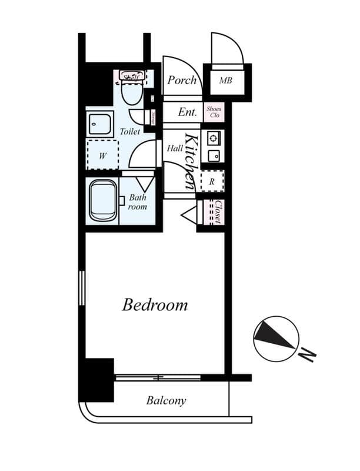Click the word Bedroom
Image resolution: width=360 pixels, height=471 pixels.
point(155,305)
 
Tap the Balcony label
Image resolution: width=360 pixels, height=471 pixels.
point(166,401)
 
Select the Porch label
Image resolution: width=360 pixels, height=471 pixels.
point(181,80)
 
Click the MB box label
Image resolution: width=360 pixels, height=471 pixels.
point(225,80)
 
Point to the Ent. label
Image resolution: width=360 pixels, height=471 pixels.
point(187,111)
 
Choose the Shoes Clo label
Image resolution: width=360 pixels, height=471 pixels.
point(212,111)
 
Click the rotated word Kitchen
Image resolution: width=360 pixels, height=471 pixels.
point(191,161)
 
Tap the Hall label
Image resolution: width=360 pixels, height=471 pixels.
point(174,148)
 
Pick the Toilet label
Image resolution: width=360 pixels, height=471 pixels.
point(130,132)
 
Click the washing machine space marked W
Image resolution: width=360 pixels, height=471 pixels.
point(102,156)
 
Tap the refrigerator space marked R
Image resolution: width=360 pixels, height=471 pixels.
point(212,182)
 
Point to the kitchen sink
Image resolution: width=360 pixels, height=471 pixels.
point(213,155)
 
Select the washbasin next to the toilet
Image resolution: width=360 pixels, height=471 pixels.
point(101,124)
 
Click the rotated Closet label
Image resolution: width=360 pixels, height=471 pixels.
point(216,212)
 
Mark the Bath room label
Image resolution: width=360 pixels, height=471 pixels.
point(138,202)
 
